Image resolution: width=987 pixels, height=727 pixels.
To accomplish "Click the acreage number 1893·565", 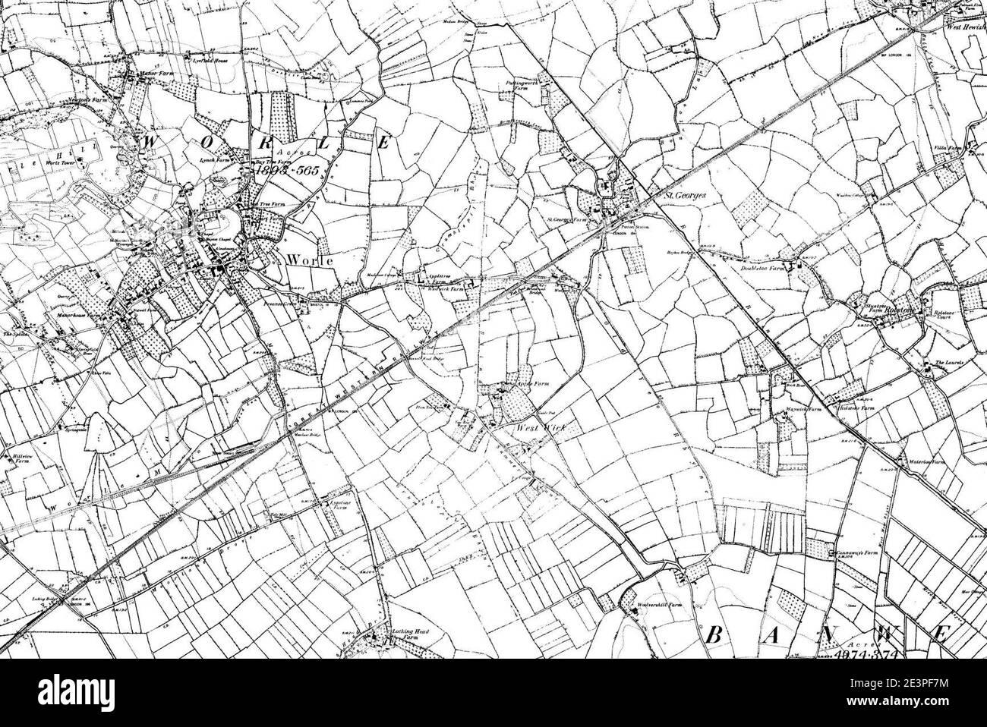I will click(289, 172).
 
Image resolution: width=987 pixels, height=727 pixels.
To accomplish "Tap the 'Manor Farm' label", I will click(148, 76).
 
